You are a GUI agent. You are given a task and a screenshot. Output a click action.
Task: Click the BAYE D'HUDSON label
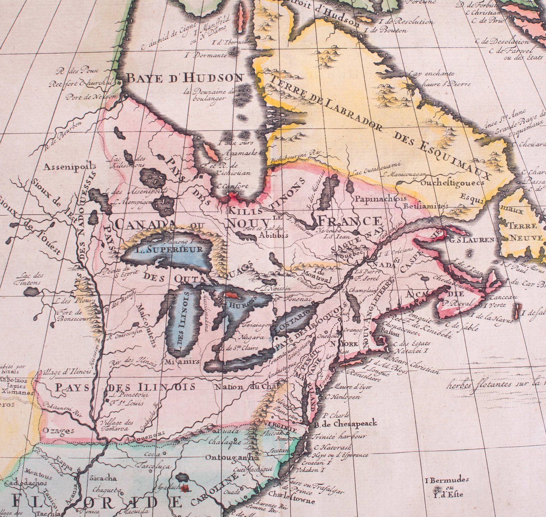coord(185,78)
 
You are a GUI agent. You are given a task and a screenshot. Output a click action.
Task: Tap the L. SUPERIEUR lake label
coord(168,249)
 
